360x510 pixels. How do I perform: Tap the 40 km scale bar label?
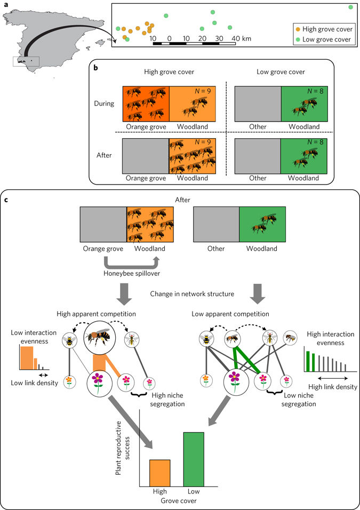238,39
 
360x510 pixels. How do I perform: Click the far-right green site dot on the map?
350,7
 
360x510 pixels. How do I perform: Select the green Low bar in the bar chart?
194,459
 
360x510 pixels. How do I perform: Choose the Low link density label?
33,382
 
